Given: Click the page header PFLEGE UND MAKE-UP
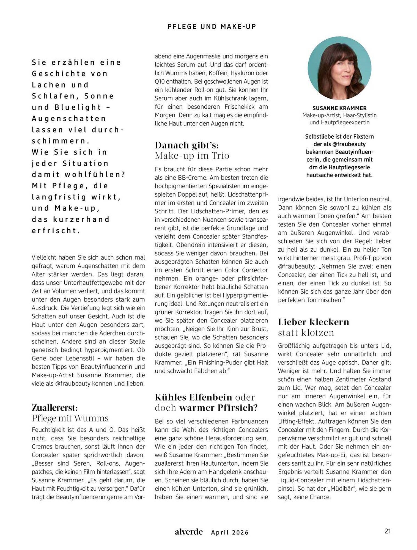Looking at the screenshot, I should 212,26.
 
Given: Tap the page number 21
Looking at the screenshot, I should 387,531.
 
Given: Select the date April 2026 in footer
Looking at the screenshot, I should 230,532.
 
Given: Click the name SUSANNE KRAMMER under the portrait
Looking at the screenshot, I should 339,108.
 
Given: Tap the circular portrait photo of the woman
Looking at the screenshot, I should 339,68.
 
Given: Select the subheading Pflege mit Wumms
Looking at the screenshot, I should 70,418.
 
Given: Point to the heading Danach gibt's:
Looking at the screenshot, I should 187,145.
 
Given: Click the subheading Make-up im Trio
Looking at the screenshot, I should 192,156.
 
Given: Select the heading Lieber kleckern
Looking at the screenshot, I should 313,322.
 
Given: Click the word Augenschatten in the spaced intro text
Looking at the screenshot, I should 69,118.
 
